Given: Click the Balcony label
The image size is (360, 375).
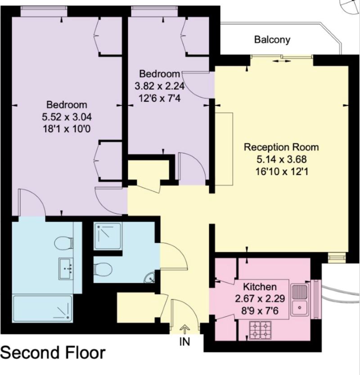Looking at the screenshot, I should click(272, 40).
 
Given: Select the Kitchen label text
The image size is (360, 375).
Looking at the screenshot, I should click(259, 286).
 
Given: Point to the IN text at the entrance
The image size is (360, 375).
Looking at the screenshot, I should click(184, 341).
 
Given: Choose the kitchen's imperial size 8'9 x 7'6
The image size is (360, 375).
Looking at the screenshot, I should click(259, 308).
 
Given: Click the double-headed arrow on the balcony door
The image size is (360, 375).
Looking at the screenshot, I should click(282, 62).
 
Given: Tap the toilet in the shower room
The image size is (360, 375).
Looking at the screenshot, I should click(103, 270).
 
